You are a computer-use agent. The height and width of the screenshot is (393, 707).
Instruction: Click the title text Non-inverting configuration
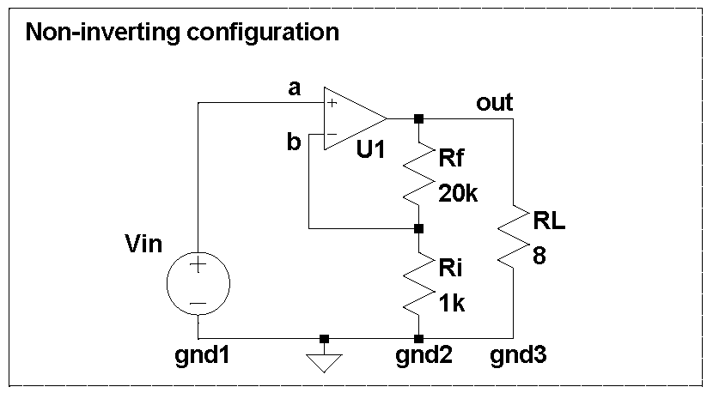(182, 33)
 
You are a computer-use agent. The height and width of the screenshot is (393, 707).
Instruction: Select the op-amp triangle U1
(351, 118)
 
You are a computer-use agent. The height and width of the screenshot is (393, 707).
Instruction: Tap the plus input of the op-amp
(332, 103)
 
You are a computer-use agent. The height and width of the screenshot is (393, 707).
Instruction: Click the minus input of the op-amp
(332, 134)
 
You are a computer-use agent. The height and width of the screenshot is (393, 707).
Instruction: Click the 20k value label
(457, 194)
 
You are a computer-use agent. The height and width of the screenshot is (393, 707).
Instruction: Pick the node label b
(294, 142)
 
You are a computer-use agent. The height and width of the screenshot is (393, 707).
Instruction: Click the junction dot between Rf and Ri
(418, 229)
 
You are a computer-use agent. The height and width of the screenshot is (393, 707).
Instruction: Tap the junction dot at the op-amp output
(418, 118)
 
